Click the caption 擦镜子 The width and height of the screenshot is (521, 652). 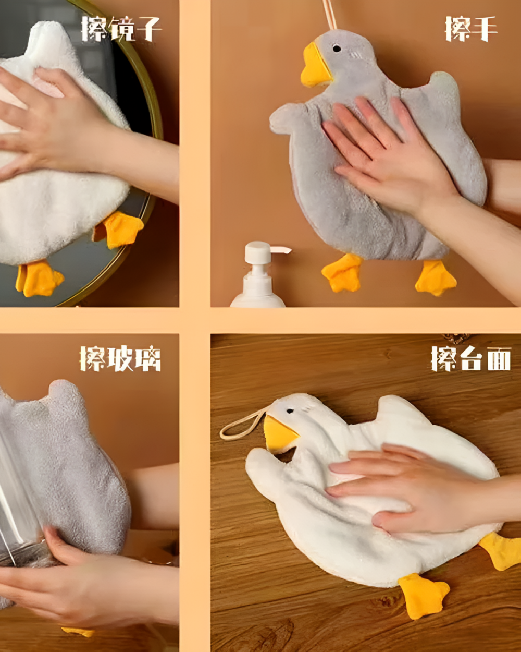(x=121, y=29)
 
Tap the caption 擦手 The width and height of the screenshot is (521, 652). (x=470, y=29)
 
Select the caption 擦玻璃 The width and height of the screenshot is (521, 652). (x=120, y=358)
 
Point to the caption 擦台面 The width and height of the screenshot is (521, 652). (x=470, y=358)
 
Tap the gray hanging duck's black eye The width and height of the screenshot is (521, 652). (x=337, y=49)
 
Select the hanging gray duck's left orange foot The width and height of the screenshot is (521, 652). (x=342, y=273)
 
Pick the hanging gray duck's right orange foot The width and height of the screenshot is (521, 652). (x=435, y=277)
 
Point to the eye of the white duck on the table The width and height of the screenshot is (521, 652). (x=290, y=411)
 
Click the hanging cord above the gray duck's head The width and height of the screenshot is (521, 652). (x=329, y=14)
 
